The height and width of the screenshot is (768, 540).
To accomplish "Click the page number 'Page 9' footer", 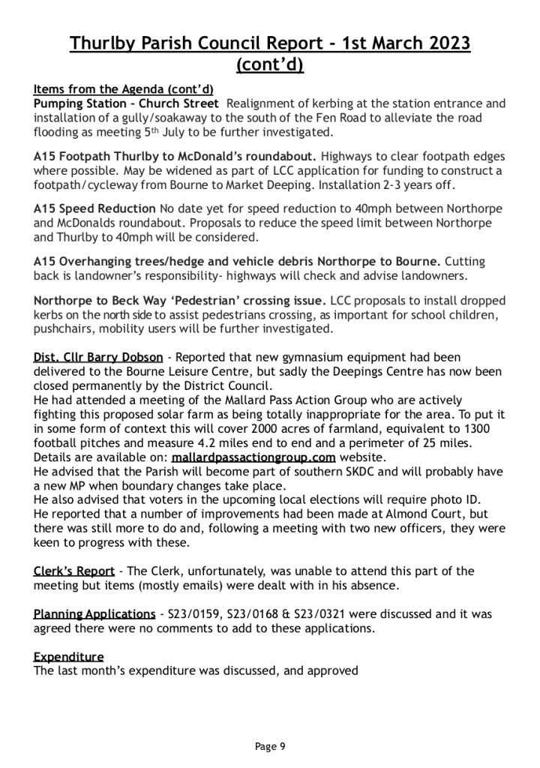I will point(270,746).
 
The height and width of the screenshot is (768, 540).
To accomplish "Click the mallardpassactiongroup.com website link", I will point(253,456).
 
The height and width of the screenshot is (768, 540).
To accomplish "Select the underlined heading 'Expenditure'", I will point(68,656).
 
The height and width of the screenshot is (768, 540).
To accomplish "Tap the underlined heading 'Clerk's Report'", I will point(73,571).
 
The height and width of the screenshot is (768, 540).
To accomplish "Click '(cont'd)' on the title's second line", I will point(270,66).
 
